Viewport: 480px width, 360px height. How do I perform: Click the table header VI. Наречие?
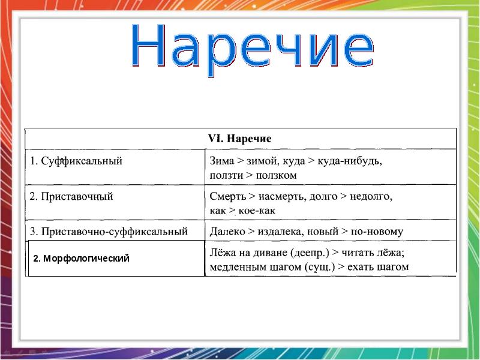[239, 139]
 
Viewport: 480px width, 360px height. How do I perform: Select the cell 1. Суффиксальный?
[77, 161]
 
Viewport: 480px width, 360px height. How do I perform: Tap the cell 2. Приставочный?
[72, 196]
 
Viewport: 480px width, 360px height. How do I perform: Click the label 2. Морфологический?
[82, 259]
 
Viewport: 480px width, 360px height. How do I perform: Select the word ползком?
[276, 175]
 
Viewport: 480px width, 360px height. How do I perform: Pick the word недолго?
[370, 196]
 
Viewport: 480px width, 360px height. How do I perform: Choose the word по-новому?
[377, 231]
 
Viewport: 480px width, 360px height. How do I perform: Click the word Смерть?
[226, 196]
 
